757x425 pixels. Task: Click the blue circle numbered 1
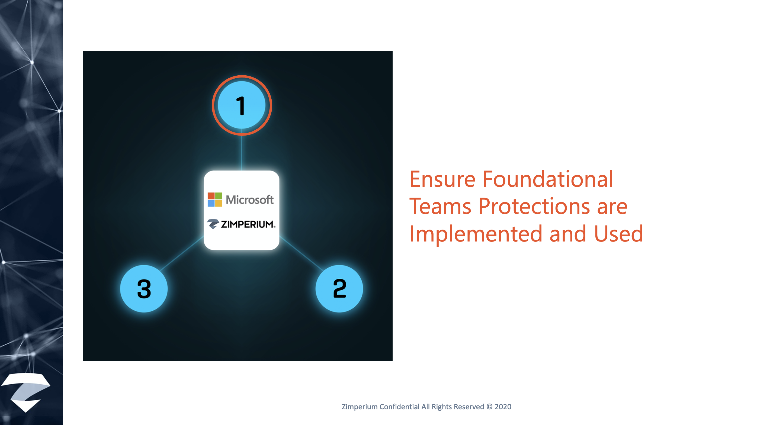tap(242, 105)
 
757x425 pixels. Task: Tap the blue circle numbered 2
tap(339, 288)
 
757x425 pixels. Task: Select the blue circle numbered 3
tap(144, 288)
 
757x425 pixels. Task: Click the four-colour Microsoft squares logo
tap(215, 200)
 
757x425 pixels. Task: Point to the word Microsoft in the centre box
tap(250, 200)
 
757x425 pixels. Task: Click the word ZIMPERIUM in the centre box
tap(248, 224)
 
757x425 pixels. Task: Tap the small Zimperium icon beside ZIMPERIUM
tap(213, 224)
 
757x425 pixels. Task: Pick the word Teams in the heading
tap(440, 206)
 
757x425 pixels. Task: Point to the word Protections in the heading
tap(534, 206)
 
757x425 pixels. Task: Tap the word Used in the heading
tap(619, 233)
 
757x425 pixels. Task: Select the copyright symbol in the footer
tap(489, 407)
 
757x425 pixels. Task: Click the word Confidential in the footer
tap(399, 407)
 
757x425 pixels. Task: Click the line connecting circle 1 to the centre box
tap(242, 150)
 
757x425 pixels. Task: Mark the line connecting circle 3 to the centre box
tap(182, 253)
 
